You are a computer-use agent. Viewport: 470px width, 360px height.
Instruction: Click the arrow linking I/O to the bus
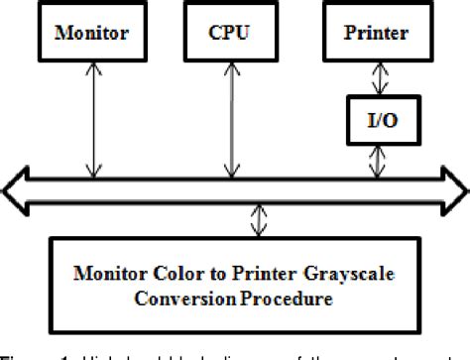point(376,162)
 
